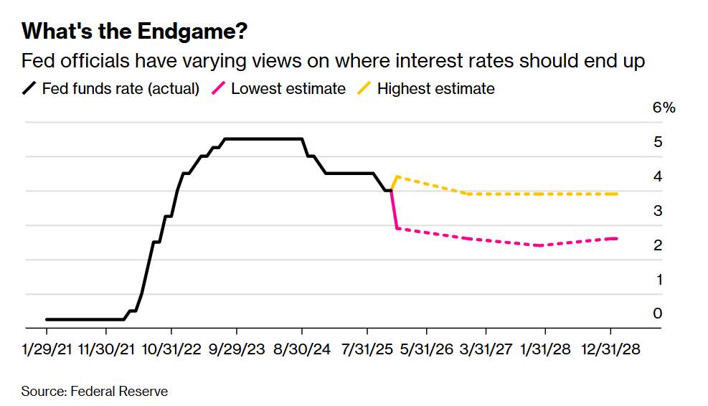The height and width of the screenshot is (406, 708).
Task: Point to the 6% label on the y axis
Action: [x=664, y=108]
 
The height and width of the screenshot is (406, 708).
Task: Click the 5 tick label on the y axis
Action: [x=658, y=142]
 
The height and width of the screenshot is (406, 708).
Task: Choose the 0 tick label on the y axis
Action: [x=658, y=313]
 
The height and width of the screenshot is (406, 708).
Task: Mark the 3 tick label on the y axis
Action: [x=658, y=211]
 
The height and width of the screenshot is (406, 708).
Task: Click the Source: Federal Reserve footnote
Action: [x=94, y=391]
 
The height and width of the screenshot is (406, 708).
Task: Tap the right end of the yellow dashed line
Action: [x=617, y=194]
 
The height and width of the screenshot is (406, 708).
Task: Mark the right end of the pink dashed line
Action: [x=617, y=238]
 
